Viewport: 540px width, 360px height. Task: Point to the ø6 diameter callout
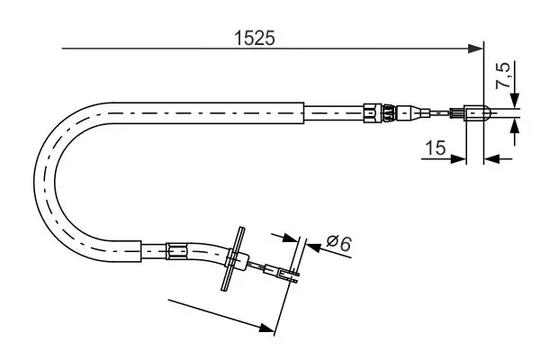click(337, 242)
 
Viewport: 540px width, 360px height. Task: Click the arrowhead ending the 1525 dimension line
click(477, 49)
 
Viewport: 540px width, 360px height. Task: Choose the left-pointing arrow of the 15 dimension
click(491, 159)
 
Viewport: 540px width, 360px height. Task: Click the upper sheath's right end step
click(306, 112)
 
